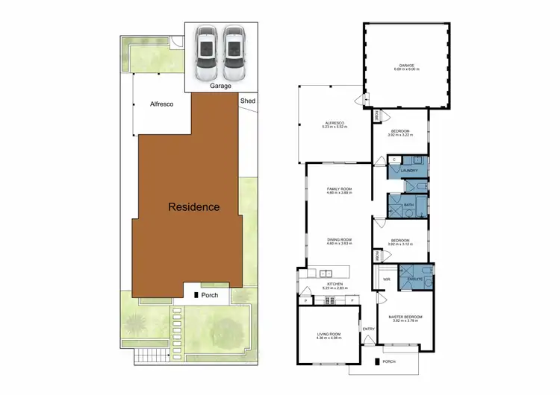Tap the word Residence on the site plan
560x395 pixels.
pyautogui.click(x=193, y=206)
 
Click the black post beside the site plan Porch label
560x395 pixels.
pyautogui.click(x=196, y=296)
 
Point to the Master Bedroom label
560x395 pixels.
pyautogui.click(x=405, y=317)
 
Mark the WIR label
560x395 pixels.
pyautogui.click(x=387, y=280)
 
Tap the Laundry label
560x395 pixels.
pyautogui.click(x=408, y=171)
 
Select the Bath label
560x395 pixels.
pyautogui.click(x=408, y=205)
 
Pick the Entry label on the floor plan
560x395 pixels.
pyautogui.click(x=368, y=329)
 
